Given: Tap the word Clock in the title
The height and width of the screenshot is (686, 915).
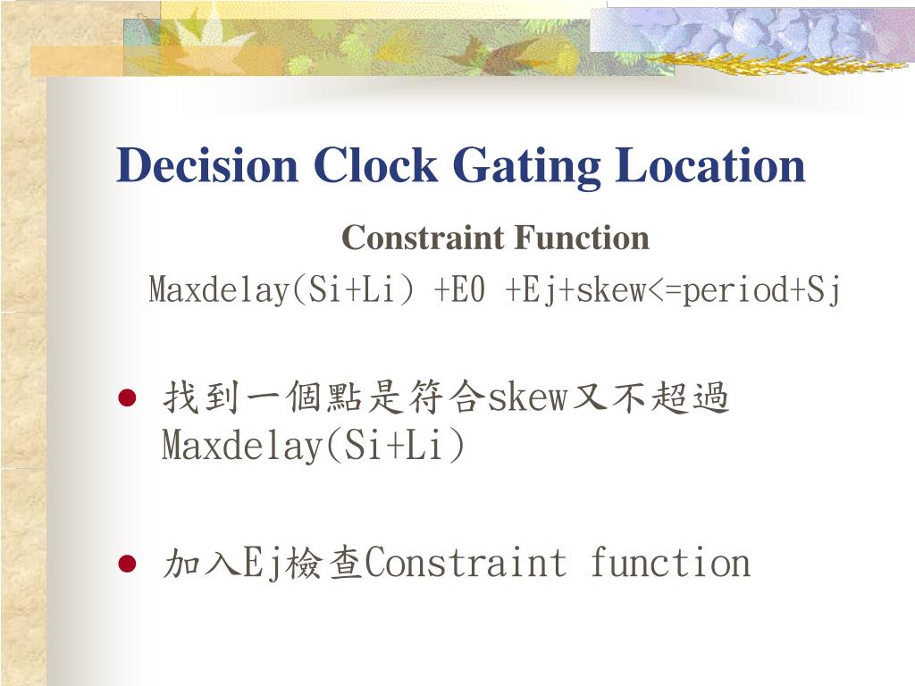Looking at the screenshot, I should tap(375, 166).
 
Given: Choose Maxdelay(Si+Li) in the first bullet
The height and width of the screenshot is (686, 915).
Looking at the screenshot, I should tap(313, 446).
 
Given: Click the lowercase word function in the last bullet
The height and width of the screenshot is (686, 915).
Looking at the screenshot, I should tap(669, 564).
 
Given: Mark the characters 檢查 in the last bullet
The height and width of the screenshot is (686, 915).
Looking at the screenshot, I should tap(325, 564).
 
